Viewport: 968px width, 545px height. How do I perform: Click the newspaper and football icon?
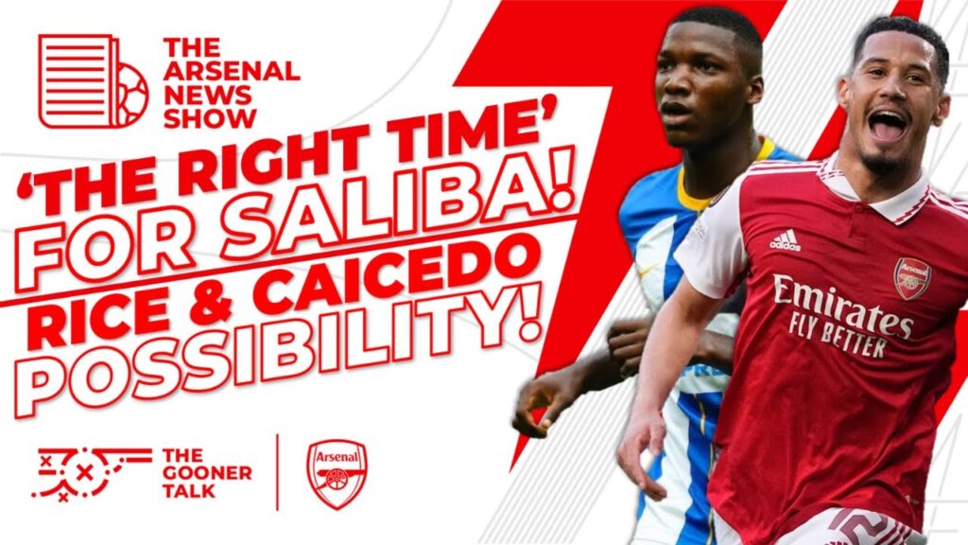pos(93,81)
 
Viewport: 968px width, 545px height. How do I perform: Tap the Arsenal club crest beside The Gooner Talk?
pos(337,470)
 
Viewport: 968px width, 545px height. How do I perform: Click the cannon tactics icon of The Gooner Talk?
pos(90,470)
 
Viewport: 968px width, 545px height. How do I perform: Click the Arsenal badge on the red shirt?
pos(910,278)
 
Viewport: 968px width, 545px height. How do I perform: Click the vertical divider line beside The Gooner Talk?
pos(277,470)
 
